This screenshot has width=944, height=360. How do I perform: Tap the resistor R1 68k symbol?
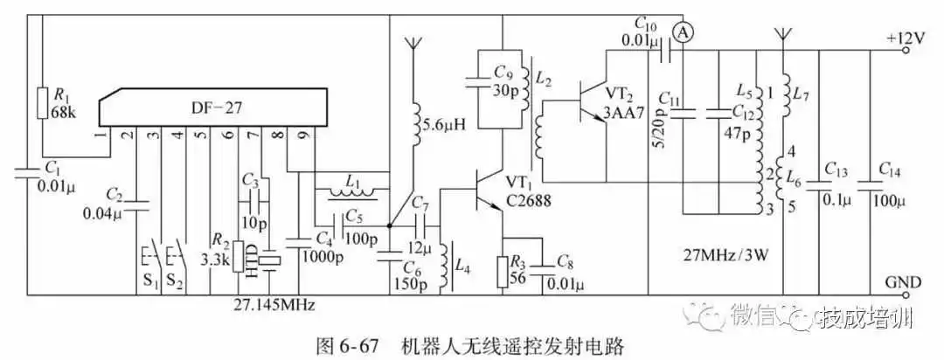[x=41, y=102]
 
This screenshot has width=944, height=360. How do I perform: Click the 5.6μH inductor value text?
[x=449, y=125]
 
